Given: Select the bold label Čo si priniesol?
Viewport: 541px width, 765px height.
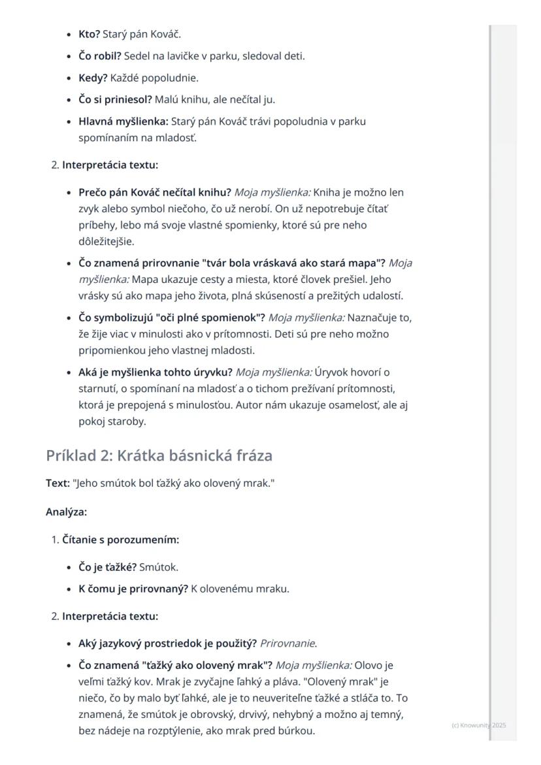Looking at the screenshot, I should pos(115,100).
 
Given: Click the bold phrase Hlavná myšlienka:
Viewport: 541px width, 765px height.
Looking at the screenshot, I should pos(123,122).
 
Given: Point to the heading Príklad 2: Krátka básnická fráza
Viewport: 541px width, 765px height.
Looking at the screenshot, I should pos(159,455).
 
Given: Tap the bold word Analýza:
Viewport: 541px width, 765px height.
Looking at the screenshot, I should pos(66,512).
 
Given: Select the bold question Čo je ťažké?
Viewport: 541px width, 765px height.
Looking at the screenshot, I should pos(107,567).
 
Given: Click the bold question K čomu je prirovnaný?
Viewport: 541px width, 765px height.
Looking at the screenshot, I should pos(133,589).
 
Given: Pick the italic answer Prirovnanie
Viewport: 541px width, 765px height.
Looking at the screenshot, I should pos(288,643).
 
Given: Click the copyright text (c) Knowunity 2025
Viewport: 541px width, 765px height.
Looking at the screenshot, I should pos(478,725).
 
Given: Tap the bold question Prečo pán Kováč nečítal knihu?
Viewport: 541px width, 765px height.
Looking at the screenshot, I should pos(155,193).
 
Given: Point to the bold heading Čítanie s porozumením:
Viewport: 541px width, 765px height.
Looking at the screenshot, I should pos(120,540).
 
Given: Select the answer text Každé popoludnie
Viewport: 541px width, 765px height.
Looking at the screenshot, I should pos(154,78).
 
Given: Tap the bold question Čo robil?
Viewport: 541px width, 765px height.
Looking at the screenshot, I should pos(101,56).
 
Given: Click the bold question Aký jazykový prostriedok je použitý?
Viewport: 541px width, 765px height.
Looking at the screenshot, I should pos(167,643).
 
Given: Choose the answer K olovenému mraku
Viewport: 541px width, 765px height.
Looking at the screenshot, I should pos(240,589).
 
